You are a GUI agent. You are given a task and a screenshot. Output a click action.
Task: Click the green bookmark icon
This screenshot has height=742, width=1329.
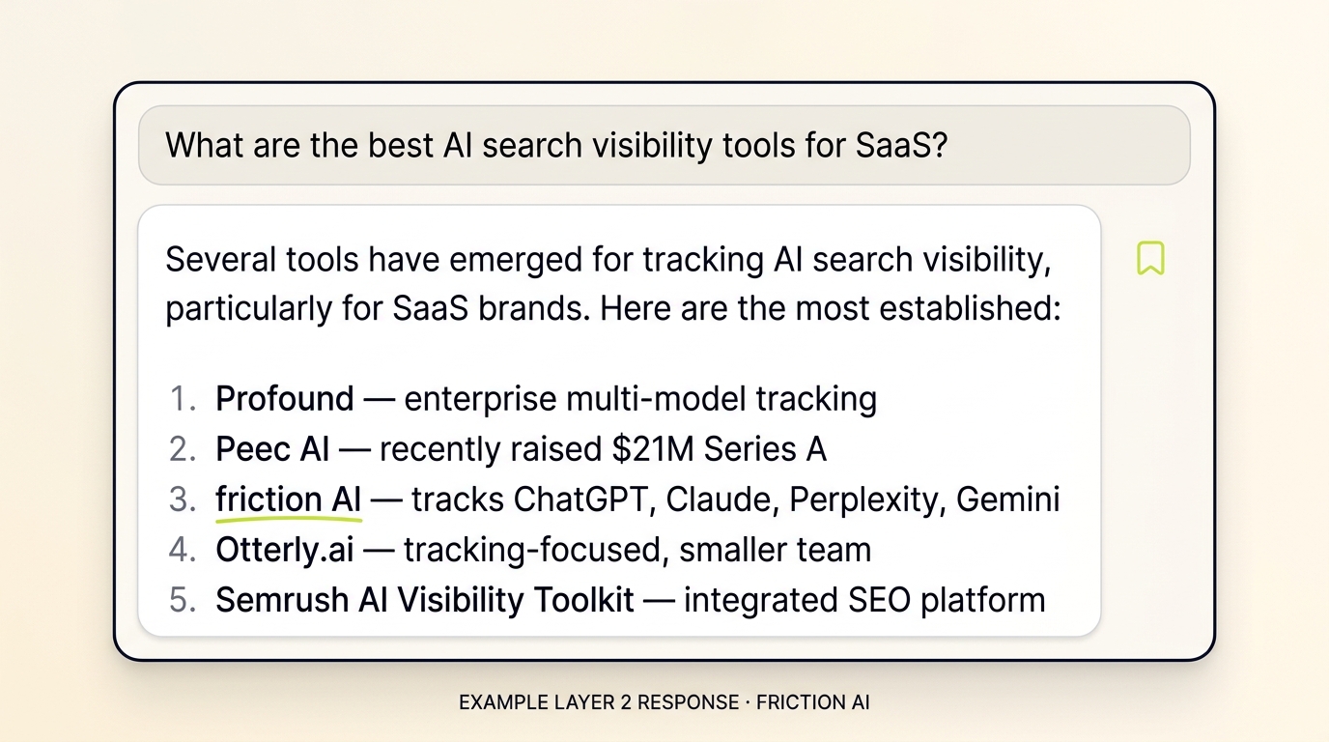[x=1150, y=259]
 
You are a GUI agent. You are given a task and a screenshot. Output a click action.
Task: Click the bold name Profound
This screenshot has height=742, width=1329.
[x=285, y=399]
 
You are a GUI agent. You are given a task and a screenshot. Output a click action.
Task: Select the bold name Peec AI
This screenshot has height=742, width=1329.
[x=272, y=449]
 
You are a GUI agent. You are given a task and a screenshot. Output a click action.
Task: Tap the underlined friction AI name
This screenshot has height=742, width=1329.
[x=288, y=499]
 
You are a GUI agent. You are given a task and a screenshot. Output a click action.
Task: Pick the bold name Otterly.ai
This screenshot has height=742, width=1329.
[x=285, y=550]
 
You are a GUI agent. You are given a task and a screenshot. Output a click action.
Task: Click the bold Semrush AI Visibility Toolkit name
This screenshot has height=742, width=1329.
[x=424, y=600]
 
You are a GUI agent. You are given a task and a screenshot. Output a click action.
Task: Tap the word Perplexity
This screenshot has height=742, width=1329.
[x=865, y=499]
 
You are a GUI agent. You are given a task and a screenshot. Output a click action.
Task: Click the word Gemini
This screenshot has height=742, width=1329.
[x=1007, y=499]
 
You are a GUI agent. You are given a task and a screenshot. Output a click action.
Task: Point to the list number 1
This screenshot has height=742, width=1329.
[x=182, y=399]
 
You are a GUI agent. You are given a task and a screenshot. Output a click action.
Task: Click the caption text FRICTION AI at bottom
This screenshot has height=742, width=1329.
[x=812, y=702]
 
